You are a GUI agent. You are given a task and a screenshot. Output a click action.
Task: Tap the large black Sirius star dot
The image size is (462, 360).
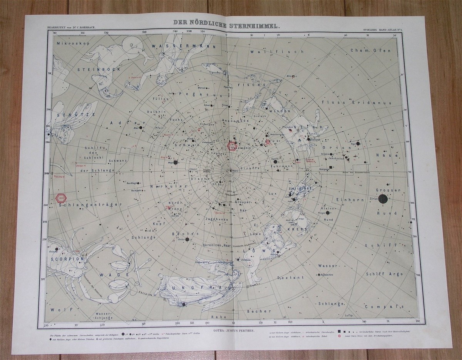pos(383,199)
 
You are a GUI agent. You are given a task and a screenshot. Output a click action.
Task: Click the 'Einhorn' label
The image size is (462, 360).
pos(347,200)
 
